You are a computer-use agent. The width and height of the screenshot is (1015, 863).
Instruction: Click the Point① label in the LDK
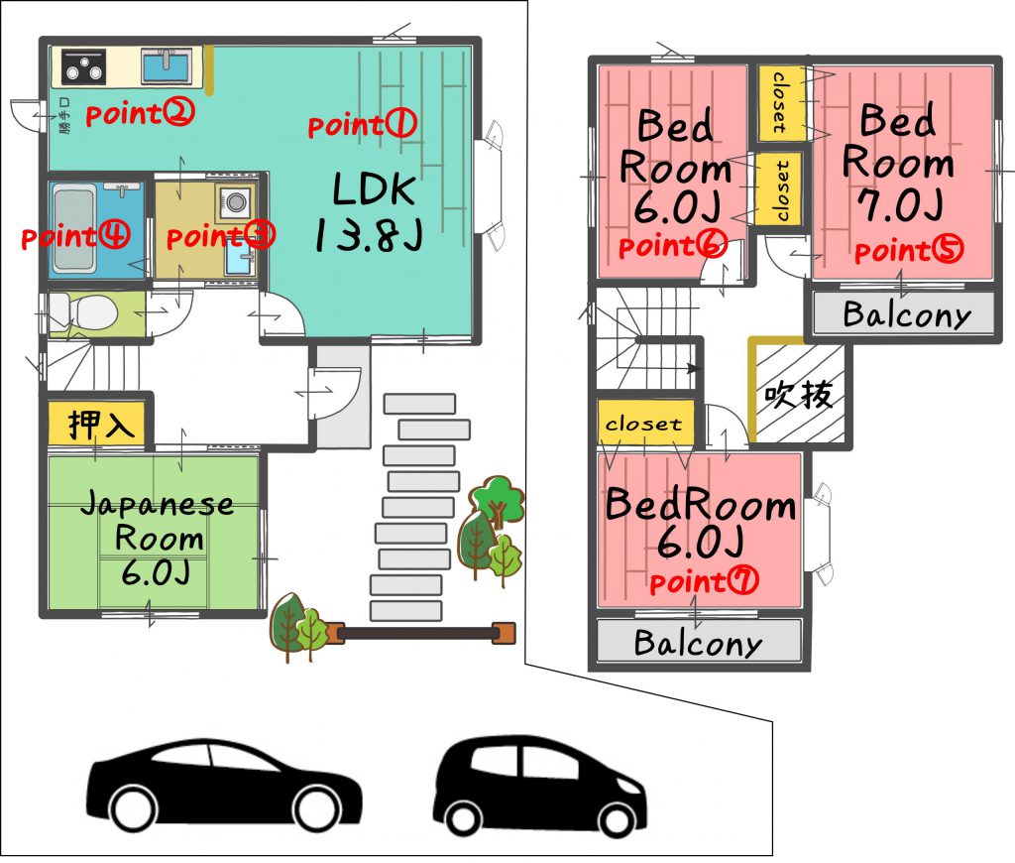362,124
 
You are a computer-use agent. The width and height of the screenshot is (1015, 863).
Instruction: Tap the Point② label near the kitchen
140,113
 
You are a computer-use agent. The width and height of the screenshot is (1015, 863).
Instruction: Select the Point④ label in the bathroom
75,236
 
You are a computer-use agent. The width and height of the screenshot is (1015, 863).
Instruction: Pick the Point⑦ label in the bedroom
704,581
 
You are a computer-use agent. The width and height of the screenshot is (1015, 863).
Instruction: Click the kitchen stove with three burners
83,66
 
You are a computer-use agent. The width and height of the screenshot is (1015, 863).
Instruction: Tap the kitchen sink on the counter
167,65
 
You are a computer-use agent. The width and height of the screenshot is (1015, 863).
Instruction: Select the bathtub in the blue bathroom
74,229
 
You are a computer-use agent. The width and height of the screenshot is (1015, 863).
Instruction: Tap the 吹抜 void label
798,394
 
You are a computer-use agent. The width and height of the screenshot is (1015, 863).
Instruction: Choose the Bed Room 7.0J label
898,162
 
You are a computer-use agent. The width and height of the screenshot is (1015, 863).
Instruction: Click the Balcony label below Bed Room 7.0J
907,314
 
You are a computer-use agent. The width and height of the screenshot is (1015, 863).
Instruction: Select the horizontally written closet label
643,424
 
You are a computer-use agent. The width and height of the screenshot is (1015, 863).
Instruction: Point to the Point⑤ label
908,251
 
